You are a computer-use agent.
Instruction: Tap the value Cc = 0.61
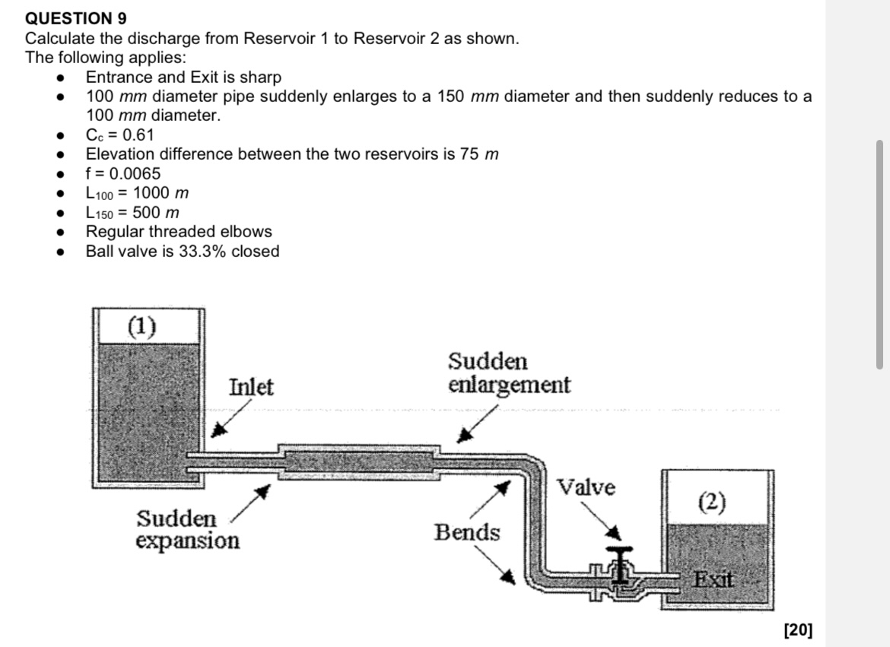(119, 135)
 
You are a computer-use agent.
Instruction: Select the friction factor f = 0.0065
(122, 173)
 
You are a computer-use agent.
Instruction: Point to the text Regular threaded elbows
(178, 232)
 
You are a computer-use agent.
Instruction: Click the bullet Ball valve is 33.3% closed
(183, 252)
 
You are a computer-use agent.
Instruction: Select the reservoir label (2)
(712, 502)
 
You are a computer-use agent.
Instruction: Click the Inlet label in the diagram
(251, 388)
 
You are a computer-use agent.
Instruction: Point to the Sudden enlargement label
(508, 373)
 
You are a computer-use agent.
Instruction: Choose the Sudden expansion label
(187, 530)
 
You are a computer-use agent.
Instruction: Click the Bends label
(467, 533)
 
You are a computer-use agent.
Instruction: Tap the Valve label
(586, 487)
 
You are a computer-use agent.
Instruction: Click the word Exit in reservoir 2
(713, 580)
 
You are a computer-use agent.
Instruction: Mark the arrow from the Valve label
(609, 525)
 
